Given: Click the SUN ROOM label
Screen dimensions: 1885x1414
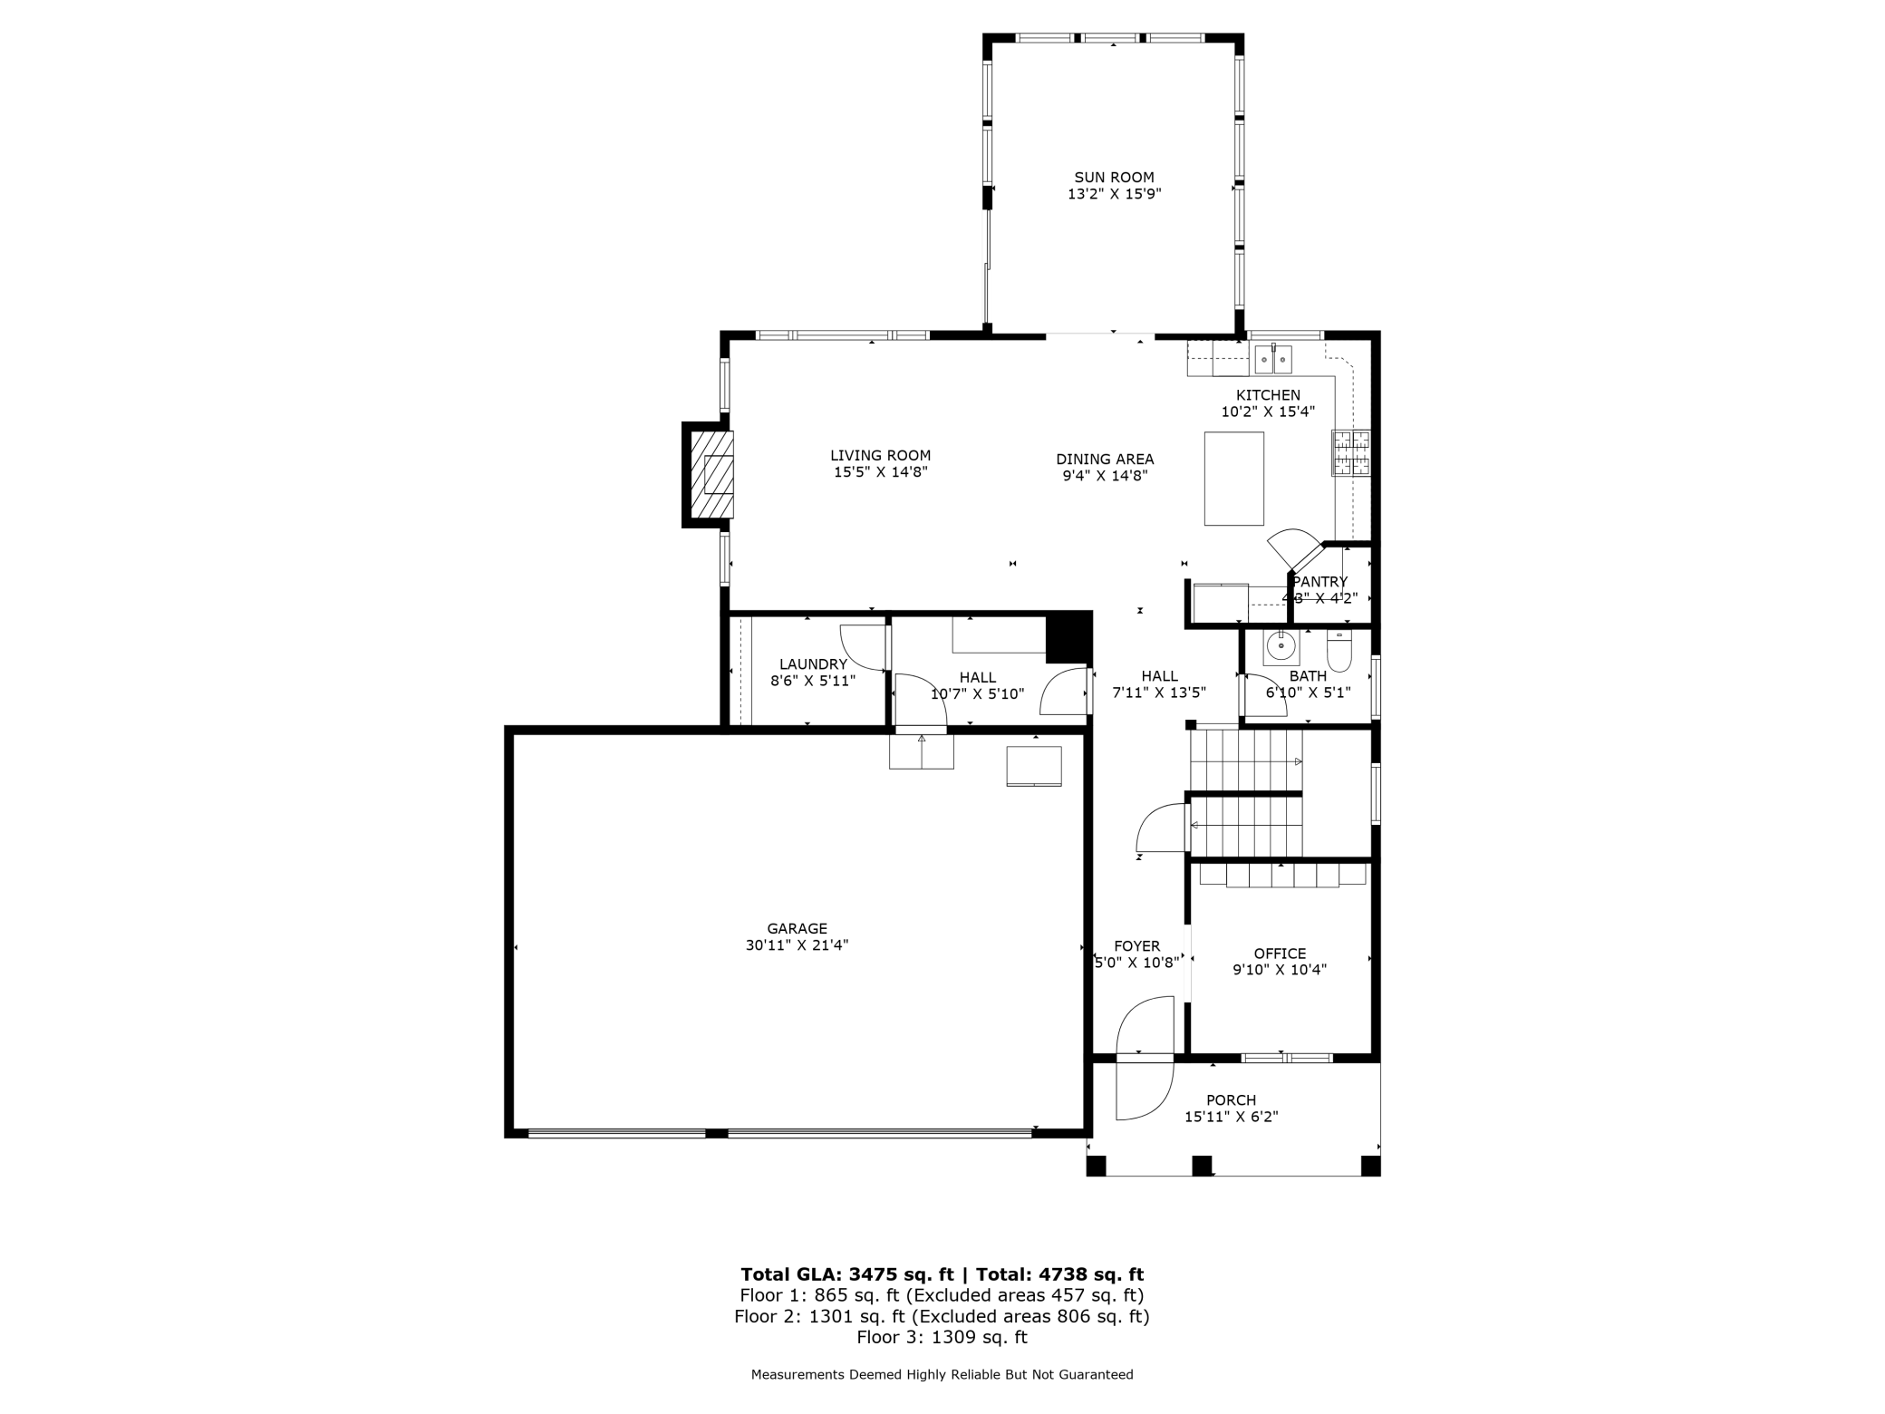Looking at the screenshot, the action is coord(1114,178).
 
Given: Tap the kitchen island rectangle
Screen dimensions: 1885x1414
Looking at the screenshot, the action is coord(1233,479).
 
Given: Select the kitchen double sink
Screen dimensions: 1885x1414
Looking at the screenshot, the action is coord(1273,359).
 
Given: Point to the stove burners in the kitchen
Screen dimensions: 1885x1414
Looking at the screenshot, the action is coord(1350,452).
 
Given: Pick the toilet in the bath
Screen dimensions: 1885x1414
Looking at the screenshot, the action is coord(1339,650).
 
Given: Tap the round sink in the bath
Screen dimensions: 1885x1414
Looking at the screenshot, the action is coord(1281,646).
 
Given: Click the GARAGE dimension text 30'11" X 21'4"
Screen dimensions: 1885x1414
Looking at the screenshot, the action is coord(797,945).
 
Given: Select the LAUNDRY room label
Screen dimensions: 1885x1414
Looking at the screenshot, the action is coord(813,664).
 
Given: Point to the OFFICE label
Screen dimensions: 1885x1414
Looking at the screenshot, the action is coord(1280,954).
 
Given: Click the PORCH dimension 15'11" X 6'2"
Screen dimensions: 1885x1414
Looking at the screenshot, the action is coord(1231,1117).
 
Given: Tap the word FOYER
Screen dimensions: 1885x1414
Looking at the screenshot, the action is coord(1136,946).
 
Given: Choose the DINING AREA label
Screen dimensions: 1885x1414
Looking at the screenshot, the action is coord(1105,460).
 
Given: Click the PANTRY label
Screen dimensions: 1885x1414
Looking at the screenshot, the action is coord(1319,582).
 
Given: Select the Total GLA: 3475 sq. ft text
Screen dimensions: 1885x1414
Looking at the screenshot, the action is coord(847,1274).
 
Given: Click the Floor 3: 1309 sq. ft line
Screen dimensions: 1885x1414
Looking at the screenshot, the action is coord(942,1337).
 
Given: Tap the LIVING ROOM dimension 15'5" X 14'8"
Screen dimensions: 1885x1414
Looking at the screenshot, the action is coord(880,472).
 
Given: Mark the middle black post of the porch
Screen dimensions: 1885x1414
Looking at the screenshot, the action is coord(1202,1166).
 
